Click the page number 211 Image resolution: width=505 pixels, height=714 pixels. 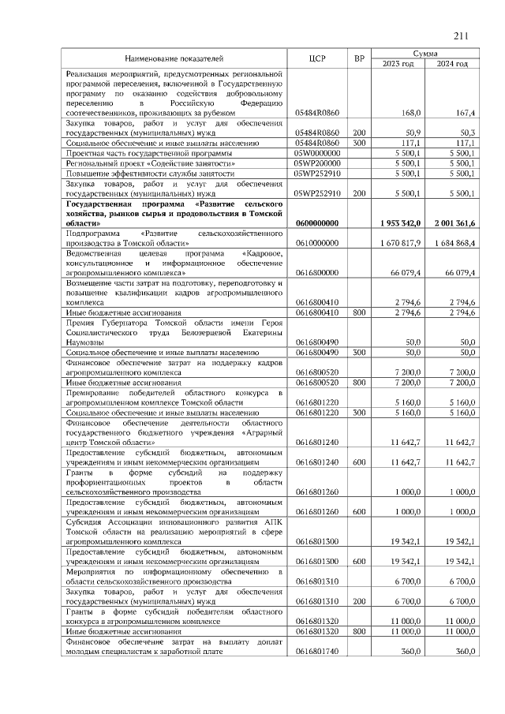pos(462,35)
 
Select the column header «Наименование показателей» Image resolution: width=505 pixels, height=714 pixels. pos(174,58)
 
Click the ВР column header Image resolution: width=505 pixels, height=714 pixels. pos(360,58)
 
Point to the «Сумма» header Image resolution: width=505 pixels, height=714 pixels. pos(426,53)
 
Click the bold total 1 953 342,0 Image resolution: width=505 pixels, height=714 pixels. pos(401,223)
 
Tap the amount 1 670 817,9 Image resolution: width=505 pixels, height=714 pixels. pos(402,243)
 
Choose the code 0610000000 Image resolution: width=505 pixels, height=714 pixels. pos(316,243)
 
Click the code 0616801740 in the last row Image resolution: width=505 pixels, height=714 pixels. pos(316,652)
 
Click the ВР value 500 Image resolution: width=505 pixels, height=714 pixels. pos(360,352)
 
